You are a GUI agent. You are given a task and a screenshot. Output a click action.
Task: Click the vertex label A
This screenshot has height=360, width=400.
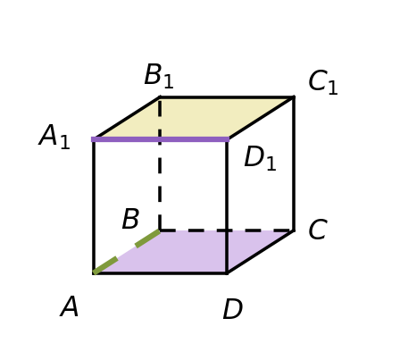click(x=70, y=306)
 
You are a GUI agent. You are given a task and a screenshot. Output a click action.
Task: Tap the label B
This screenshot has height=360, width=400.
click(x=130, y=219)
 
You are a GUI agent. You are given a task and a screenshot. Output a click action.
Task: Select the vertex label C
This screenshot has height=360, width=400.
click(x=318, y=230)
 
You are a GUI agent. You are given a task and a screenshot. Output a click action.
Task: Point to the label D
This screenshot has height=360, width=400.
click(x=233, y=309)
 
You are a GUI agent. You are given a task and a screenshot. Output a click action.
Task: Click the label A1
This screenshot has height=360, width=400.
click(x=54, y=137)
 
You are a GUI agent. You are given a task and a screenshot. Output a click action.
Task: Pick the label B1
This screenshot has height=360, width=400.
click(x=159, y=76)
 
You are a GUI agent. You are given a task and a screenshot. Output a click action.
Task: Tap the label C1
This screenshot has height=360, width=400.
click(x=323, y=82)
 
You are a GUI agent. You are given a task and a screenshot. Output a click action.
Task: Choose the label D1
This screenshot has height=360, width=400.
click(x=260, y=158)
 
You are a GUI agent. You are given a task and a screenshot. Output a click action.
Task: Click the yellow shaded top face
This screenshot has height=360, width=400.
click(x=194, y=118)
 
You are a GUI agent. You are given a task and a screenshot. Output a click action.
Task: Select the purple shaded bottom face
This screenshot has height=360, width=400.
click(x=194, y=251)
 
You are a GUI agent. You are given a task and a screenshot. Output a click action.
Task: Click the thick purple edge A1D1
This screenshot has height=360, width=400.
click(x=160, y=139)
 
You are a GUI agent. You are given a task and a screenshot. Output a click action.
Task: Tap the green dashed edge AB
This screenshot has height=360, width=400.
click(x=127, y=252)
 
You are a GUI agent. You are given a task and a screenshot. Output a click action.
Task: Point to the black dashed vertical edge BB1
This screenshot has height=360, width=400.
click(x=160, y=164)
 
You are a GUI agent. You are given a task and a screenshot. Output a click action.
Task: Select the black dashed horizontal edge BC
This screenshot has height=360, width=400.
click(x=227, y=230)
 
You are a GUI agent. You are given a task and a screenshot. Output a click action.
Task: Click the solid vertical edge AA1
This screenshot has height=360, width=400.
click(x=94, y=206)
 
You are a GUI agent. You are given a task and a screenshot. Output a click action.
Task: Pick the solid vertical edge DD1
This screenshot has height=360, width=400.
click(x=227, y=206)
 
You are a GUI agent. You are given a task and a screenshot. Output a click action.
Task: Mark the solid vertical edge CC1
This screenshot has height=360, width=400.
click(x=294, y=163)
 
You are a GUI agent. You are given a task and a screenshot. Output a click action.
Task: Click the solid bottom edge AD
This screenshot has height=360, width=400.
click(x=161, y=272)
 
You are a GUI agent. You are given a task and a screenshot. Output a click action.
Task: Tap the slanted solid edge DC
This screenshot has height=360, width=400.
click(x=261, y=252)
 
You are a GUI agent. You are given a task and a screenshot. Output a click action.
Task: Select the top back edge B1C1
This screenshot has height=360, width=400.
click(x=227, y=97)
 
